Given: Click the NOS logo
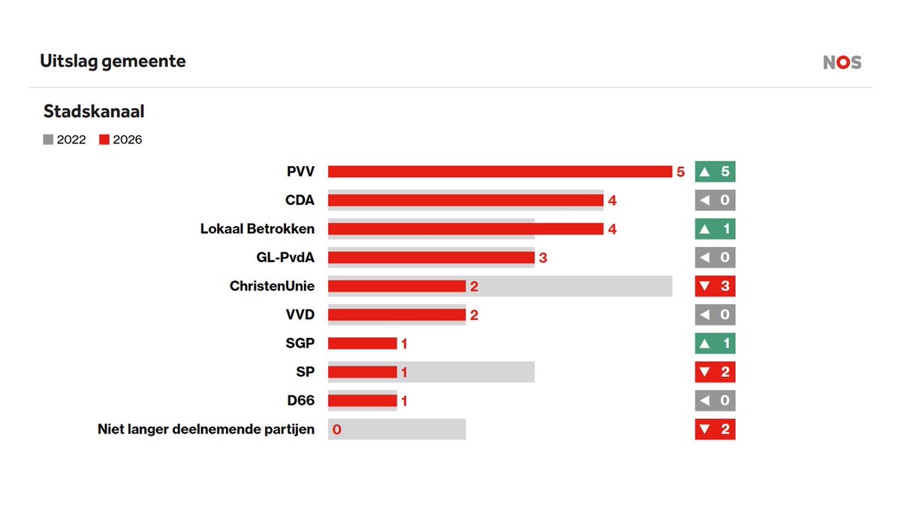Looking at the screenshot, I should click(x=842, y=63).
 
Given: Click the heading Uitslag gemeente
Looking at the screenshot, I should click(x=113, y=62).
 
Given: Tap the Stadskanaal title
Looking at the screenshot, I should click(x=94, y=112).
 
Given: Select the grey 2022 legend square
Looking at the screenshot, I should click(x=49, y=139).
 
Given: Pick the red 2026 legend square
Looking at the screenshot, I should click(x=105, y=139).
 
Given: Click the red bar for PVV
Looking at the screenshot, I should click(x=499, y=172).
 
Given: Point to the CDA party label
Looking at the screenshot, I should click(x=300, y=201).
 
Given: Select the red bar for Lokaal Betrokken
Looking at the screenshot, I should click(x=466, y=229).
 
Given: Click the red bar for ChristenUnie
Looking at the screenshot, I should click(x=396, y=286).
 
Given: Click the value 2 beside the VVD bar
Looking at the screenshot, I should click(x=474, y=315).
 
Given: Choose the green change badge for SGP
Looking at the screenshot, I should click(x=715, y=343).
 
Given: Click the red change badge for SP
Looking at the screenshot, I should click(x=715, y=372).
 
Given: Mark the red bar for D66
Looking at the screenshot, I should click(x=362, y=400).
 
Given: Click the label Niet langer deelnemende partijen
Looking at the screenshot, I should click(x=206, y=430).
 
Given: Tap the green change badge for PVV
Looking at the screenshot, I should click(x=715, y=172).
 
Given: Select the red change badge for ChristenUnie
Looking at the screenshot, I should click(x=715, y=286).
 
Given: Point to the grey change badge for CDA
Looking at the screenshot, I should click(x=715, y=201).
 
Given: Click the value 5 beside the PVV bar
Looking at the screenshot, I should click(x=680, y=172).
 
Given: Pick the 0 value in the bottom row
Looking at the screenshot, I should click(x=336, y=430).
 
